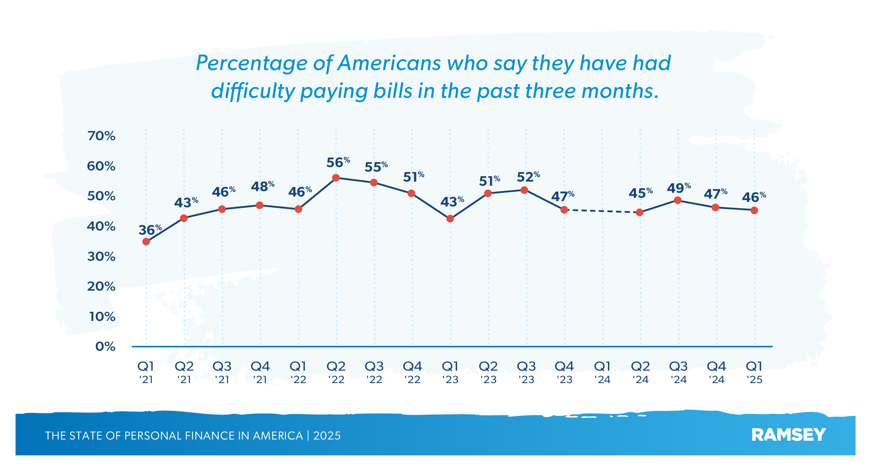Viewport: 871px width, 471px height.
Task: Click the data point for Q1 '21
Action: (x=146, y=242)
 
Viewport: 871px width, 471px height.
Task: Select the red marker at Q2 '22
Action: (x=336, y=178)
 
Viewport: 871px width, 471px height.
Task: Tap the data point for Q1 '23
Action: (x=450, y=219)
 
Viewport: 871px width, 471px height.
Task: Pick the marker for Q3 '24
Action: (x=678, y=200)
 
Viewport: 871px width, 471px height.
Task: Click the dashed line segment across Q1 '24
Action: (x=602, y=211)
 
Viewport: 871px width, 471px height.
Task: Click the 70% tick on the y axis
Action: (x=101, y=136)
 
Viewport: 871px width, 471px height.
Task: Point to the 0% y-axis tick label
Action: (x=105, y=347)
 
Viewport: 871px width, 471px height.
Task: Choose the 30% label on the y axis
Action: (x=101, y=257)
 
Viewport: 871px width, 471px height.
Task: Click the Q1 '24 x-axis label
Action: (x=602, y=372)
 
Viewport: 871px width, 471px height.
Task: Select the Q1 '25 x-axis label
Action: (x=754, y=372)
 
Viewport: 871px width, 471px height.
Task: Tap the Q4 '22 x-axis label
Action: (x=412, y=372)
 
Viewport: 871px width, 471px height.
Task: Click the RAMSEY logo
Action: (x=788, y=435)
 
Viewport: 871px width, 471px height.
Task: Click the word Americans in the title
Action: (x=389, y=63)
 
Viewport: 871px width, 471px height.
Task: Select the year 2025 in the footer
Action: (x=327, y=436)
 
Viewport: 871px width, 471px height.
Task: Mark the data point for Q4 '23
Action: (x=564, y=210)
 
